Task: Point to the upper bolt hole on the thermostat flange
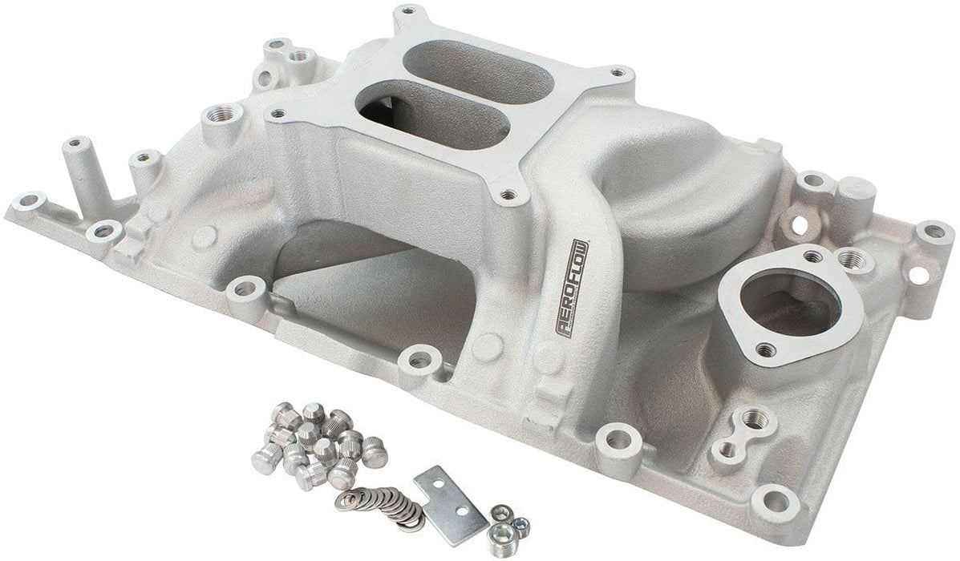tap(812, 256)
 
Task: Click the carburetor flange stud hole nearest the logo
tap(508, 193)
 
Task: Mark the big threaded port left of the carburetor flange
tap(216, 117)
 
